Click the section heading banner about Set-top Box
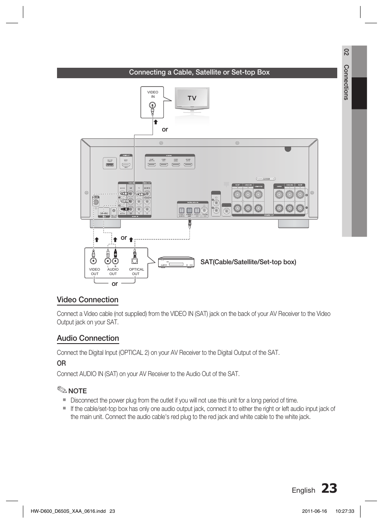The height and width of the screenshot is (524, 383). [199, 73]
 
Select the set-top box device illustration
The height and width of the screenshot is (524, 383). [176, 263]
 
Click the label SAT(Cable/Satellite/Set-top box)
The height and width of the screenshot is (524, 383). [248, 262]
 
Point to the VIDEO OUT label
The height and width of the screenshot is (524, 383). [94, 272]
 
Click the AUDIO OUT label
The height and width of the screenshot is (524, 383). [113, 272]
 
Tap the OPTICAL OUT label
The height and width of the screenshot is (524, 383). [136, 272]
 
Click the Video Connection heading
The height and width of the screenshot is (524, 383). [88, 300]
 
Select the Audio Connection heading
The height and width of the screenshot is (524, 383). [88, 338]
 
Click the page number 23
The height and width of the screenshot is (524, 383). [329, 488]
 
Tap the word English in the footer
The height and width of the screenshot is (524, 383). [304, 490]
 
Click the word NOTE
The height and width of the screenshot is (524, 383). [77, 391]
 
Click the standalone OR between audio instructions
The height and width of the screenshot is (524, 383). [61, 363]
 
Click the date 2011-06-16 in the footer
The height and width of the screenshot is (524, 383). [315, 511]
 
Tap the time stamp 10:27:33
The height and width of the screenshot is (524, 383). [344, 511]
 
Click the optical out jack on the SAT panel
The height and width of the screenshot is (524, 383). [134, 254]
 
